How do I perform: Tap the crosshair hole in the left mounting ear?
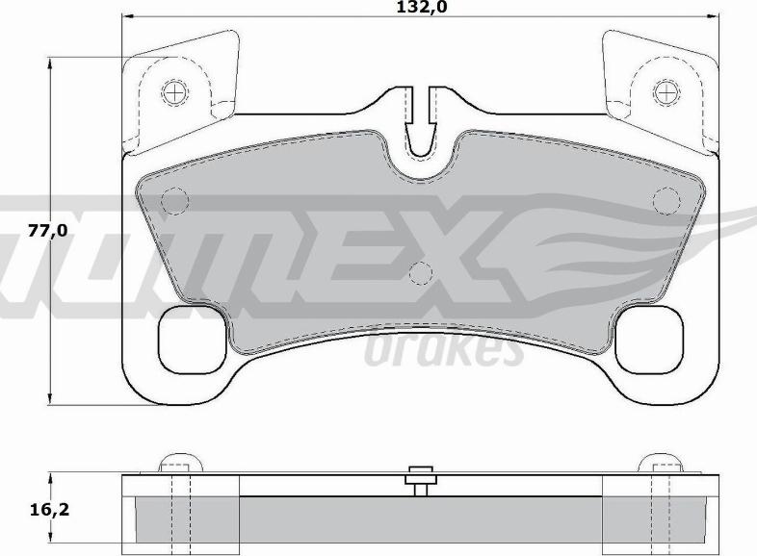[x=173, y=92]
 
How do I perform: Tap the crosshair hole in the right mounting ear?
[x=666, y=92]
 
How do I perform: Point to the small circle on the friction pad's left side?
[x=173, y=201]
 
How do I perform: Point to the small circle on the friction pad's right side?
[x=666, y=200]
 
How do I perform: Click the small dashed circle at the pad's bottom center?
[x=420, y=274]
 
